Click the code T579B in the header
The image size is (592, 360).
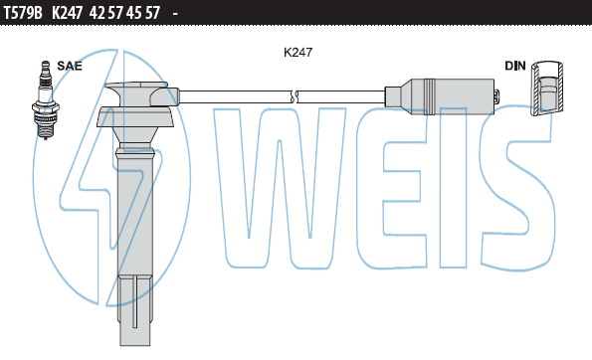[23, 13]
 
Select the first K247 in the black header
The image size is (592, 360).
[67, 13]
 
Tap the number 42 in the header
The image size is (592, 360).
[98, 13]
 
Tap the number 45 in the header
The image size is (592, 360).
[133, 13]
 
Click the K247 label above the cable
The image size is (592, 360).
[297, 52]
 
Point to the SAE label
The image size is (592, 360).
[70, 66]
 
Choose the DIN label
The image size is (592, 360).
[515, 66]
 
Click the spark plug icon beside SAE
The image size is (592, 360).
[46, 100]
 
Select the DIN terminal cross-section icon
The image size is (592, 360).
[547, 88]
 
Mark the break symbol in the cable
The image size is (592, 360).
[295, 96]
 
